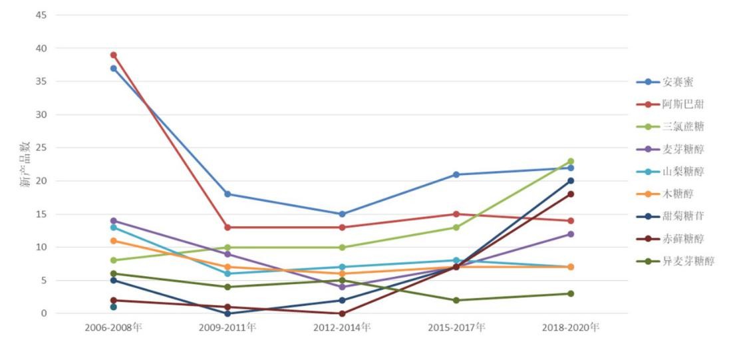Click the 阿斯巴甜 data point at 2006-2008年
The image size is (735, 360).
(113, 55)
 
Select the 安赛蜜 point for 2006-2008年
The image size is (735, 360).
(113, 69)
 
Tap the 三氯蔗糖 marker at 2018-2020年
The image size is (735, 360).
(571, 161)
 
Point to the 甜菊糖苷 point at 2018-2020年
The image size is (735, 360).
(571, 181)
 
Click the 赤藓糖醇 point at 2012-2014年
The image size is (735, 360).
(342, 313)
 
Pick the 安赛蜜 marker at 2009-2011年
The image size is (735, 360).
(227, 194)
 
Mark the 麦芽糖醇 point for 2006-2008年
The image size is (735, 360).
(113, 221)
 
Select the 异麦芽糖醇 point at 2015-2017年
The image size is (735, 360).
(456, 300)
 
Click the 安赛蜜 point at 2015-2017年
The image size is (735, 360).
(456, 174)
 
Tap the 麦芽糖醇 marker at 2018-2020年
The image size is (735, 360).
(571, 234)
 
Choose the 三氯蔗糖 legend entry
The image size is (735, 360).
(682, 126)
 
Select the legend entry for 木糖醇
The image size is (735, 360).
(678, 194)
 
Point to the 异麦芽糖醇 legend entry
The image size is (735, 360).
(687, 261)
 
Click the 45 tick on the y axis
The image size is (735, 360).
(41, 15)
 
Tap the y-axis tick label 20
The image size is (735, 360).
(41, 181)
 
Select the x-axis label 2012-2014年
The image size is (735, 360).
(342, 327)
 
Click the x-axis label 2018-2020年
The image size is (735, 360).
(571, 327)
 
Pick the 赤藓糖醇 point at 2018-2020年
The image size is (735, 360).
(571, 194)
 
